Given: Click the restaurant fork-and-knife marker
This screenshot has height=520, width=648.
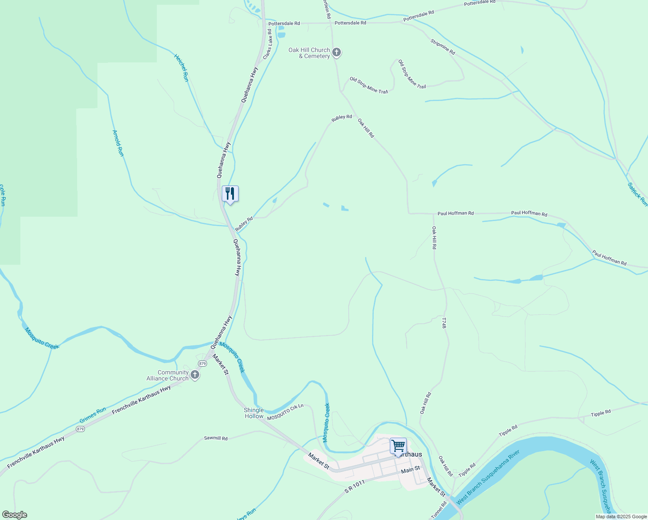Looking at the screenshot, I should click(230, 194).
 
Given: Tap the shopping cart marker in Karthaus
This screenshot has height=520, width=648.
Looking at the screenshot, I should click(398, 445).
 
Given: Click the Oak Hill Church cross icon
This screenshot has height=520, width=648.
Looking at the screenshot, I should click(337, 53).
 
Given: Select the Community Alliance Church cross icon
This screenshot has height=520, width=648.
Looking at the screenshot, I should click(195, 375).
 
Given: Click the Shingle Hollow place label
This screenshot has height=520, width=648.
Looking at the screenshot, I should click(254, 413).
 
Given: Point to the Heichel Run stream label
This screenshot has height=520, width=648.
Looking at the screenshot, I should click(181, 68).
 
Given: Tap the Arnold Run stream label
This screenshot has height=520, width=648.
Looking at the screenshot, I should click(118, 143).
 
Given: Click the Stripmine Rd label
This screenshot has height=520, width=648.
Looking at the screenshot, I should click(443, 47).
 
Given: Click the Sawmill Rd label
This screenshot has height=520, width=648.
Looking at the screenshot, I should click(216, 438).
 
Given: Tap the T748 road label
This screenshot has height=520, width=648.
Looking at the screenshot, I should click(444, 323).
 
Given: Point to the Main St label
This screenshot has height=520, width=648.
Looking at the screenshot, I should click(410, 469).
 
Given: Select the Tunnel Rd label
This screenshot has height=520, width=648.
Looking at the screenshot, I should click(438, 510).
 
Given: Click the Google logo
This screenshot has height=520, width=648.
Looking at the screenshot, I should click(14, 515).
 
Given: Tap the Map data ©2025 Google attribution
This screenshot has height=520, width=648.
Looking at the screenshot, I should click(621, 517).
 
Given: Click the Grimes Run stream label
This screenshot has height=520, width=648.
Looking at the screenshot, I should click(93, 416).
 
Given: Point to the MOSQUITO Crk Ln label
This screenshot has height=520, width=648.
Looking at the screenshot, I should click(285, 412).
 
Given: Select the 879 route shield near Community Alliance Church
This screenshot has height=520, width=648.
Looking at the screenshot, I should click(202, 363).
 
